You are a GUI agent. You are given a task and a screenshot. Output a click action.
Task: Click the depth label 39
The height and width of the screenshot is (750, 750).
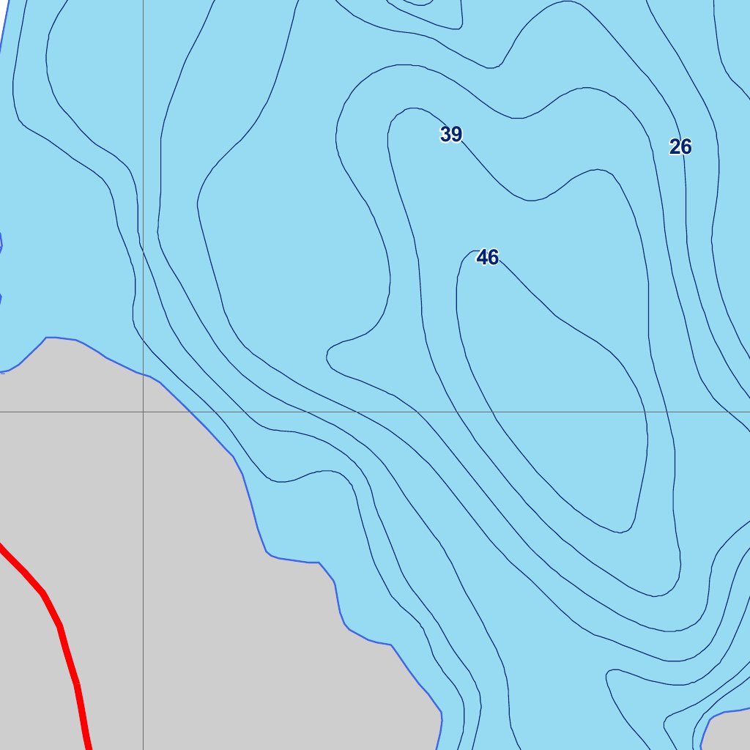point(451,134)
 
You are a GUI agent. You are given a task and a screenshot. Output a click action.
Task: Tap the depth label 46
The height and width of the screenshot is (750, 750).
point(487,257)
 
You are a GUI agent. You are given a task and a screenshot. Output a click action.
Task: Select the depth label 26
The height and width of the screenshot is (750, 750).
point(680,147)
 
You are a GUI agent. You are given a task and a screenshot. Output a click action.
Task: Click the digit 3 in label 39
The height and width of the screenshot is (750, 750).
point(446,134)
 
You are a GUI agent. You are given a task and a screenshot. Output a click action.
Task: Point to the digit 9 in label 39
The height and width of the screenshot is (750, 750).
point(456,134)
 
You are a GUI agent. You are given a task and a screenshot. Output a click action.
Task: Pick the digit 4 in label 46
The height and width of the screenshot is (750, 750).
point(482,257)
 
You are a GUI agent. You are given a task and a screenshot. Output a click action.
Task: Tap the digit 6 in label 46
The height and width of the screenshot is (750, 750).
point(493,257)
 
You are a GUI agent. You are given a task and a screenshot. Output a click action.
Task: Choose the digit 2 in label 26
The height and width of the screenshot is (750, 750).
point(675,147)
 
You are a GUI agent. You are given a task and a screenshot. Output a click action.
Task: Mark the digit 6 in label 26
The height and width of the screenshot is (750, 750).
point(686,147)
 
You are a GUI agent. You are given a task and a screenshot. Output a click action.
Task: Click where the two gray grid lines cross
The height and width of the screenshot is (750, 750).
point(143,412)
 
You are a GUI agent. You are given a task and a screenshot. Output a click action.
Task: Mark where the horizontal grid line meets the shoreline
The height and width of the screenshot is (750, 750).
point(190,412)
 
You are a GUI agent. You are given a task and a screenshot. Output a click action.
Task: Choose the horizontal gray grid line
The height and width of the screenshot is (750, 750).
point(439,412)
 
